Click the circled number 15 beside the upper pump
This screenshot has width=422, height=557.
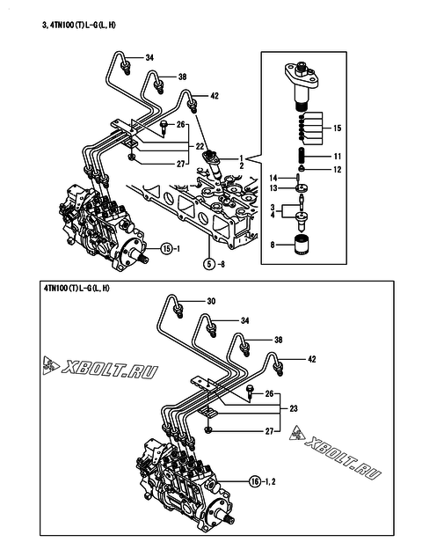167,249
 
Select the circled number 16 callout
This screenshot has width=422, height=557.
255,481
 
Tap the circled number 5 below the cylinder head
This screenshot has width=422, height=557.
209,264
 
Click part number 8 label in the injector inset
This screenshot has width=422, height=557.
273,245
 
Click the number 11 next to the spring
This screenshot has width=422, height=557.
338,156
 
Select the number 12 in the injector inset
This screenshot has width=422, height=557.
338,170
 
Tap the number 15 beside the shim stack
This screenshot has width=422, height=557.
338,128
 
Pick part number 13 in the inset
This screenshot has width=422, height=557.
273,188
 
